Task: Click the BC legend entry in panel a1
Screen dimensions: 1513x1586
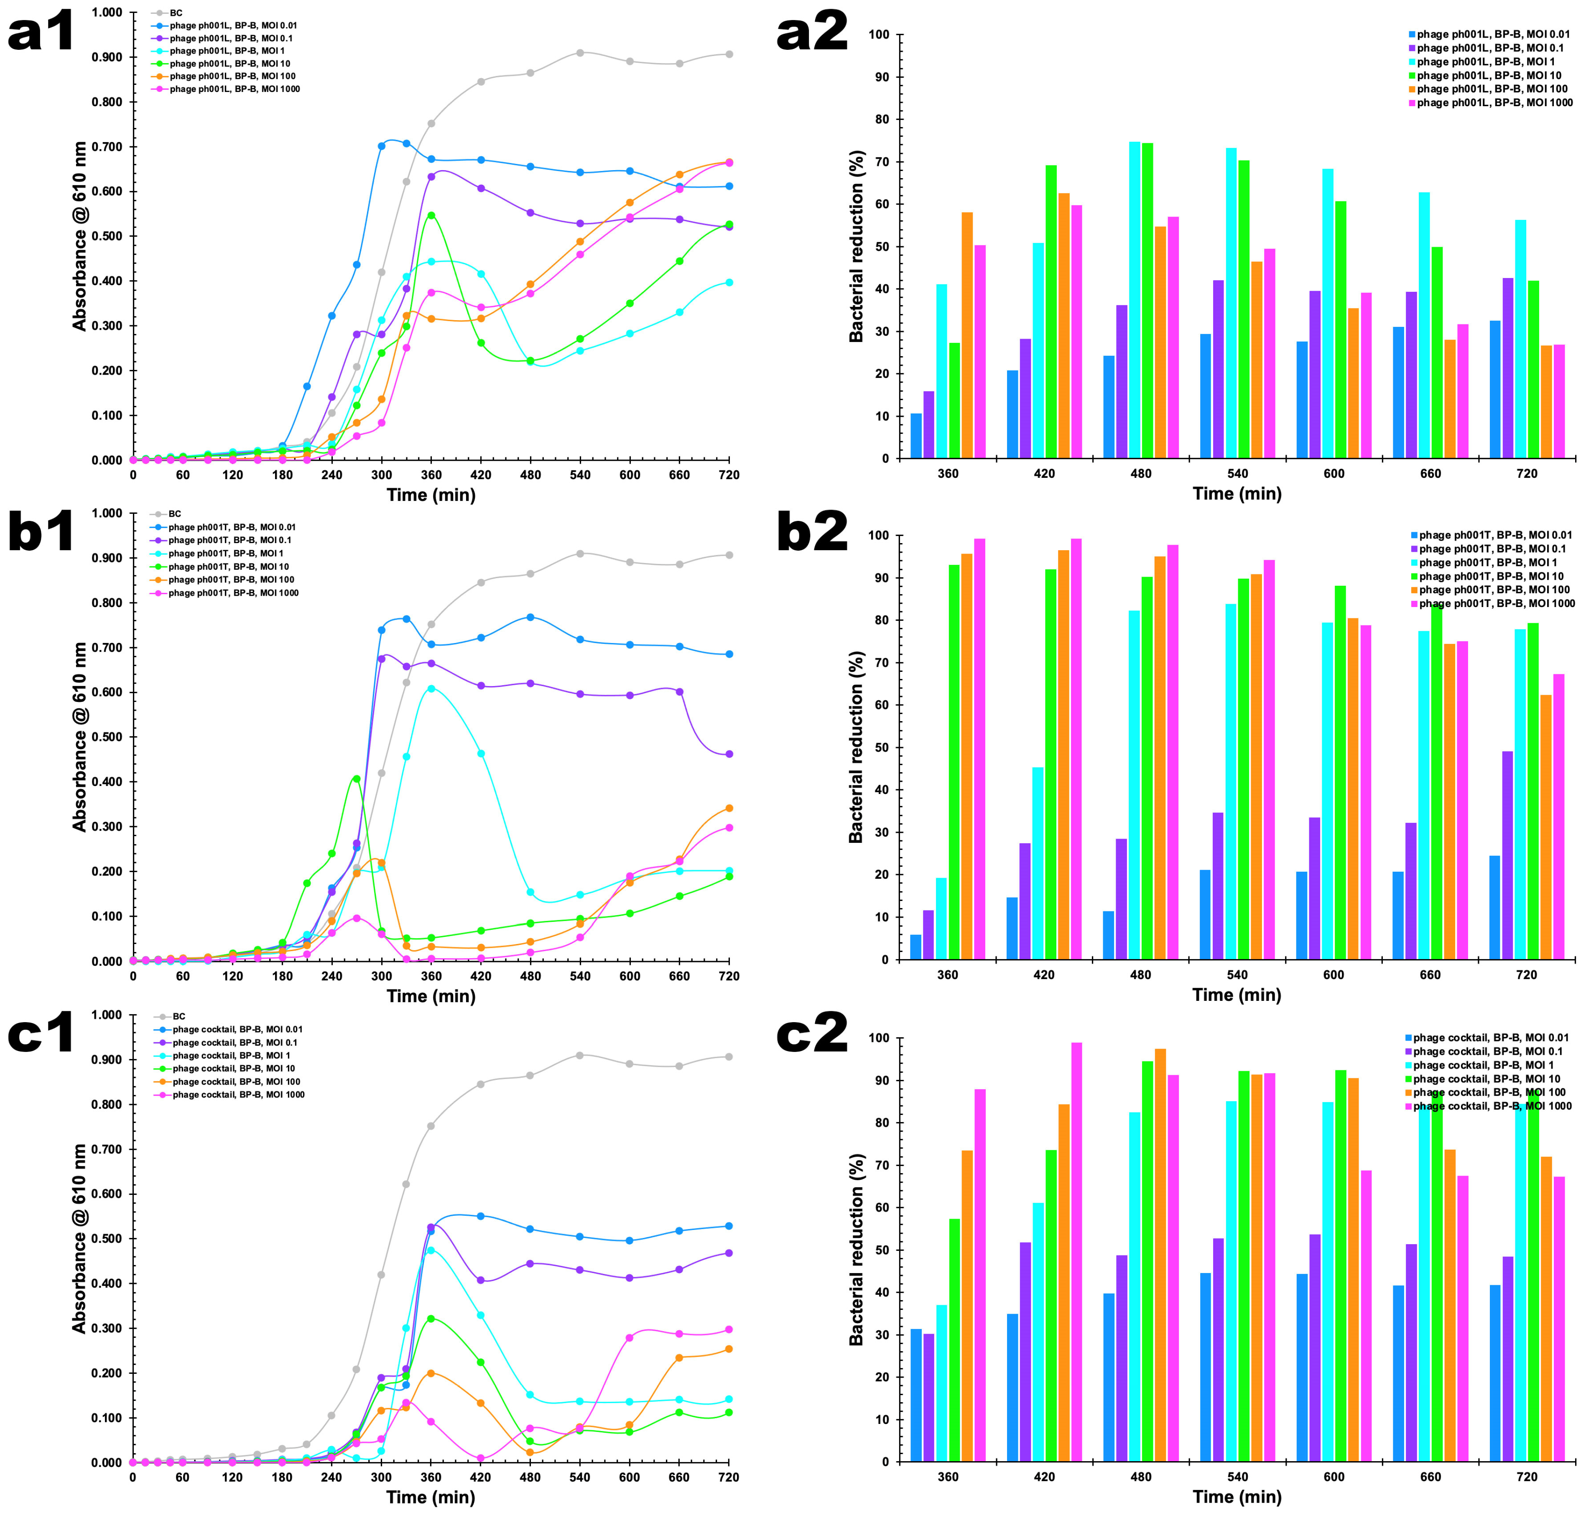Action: click(x=176, y=13)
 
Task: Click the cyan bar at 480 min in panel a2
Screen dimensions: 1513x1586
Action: click(x=1135, y=300)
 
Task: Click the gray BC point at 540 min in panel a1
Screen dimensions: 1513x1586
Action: click(x=580, y=52)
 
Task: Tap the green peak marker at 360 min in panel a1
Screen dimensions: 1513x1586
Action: click(x=431, y=215)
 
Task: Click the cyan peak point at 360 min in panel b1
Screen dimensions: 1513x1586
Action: click(x=431, y=689)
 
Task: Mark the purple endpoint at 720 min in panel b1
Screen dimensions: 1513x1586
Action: click(x=729, y=754)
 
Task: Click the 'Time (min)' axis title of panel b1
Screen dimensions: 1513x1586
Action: click(x=431, y=995)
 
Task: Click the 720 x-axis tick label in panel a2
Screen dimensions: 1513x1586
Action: click(x=1526, y=473)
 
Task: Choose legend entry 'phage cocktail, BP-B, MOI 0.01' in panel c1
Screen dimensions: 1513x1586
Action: click(x=237, y=1029)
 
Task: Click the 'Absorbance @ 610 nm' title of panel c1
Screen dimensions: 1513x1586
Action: click(x=79, y=1238)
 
